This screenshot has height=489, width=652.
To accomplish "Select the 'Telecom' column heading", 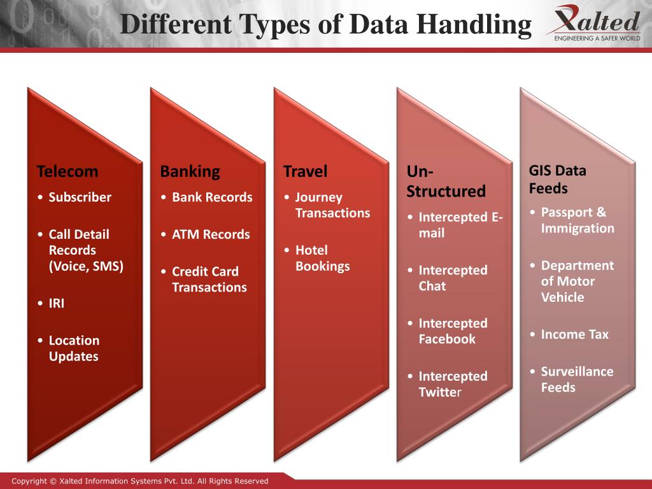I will pos(67,171).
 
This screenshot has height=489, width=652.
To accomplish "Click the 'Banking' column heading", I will pos(190,171).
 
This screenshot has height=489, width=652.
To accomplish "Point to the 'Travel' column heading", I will pos(305,171).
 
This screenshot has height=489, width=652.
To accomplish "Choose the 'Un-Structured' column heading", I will pos(446,181).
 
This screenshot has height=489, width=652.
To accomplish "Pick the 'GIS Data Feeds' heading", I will pos(558,180).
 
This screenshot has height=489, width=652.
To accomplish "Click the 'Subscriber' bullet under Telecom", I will pos(80,197).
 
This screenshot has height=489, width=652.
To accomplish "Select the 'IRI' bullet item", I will pos(57,304).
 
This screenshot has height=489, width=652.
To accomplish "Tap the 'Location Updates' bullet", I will pos(74,348).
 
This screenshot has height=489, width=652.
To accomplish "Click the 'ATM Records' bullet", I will pos(211,234).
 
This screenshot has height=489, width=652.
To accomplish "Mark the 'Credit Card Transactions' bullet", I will pos(209,280).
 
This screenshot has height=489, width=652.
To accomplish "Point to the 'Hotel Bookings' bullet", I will pos(322,259).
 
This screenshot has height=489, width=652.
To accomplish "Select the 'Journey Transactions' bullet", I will pos(332,205).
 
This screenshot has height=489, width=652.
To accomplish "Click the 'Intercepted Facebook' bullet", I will pos(452,331).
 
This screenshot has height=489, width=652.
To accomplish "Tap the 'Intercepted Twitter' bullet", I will pos(452,384).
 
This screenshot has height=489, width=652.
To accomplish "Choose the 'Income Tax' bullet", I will pos(574,334).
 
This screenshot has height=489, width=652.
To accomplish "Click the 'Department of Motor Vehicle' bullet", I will pos(577,281).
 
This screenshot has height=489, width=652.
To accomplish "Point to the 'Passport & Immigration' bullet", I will pos(577,220).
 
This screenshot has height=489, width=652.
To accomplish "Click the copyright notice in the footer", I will pos(140,481).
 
